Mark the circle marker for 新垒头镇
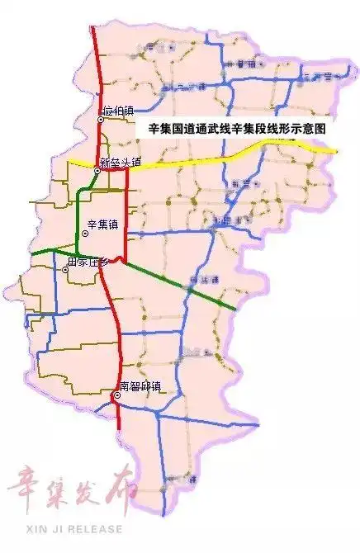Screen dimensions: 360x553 [x=97, y=171]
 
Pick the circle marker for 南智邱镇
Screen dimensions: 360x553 [x=117, y=395]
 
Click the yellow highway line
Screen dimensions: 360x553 [x=206, y=158]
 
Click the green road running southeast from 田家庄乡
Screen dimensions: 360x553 [x=182, y=285]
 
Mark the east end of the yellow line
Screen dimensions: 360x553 [x=335, y=151]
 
